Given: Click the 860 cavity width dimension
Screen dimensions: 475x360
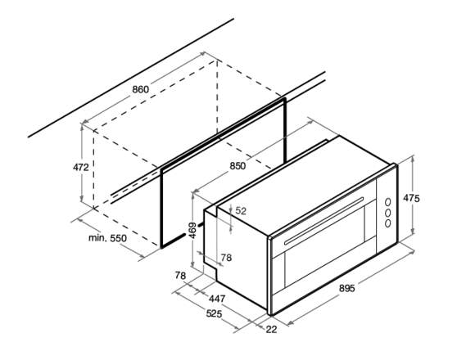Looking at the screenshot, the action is [141, 89].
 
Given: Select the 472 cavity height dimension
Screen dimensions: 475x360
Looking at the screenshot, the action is [81, 167].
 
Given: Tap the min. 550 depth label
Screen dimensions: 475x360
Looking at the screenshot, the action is [107, 238].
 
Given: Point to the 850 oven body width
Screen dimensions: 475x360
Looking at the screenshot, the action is [237, 166].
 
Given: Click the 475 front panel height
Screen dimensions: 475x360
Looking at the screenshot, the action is [411, 198].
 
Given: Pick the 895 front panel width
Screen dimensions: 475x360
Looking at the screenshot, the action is [346, 288].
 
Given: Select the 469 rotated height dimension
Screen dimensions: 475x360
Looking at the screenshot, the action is [192, 231].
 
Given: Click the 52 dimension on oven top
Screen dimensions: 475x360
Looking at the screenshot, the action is [241, 211].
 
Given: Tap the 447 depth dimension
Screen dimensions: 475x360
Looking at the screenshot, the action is [217, 299].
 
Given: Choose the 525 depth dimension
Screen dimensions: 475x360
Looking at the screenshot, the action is [214, 314].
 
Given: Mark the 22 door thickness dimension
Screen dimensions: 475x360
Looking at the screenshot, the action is [271, 330].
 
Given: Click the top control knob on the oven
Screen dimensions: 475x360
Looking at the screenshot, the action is [387, 202].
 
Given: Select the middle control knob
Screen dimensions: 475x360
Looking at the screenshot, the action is [387, 213].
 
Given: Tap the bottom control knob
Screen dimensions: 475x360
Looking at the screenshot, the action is [387, 223].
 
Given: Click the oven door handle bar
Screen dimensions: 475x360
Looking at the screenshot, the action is [323, 221].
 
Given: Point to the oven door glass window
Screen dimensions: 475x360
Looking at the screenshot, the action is [324, 247].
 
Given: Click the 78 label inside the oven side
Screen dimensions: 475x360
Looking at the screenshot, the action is [226, 258].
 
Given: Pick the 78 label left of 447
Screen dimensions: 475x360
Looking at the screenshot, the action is [180, 276].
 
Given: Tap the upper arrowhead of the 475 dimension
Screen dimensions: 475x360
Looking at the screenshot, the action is [413, 159].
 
